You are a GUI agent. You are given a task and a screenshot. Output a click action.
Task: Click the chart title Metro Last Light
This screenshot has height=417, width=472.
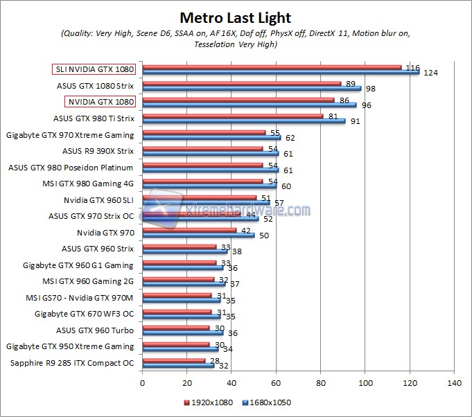coord(236,17)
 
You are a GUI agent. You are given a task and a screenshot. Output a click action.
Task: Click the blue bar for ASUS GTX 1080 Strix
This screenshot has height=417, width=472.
coord(252,89)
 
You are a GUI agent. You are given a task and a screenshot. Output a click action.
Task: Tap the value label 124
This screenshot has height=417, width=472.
coord(430,73)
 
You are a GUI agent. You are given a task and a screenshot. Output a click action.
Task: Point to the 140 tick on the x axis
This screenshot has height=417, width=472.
coord(455,382)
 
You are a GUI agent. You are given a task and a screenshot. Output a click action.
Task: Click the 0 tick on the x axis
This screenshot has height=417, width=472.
coord(142,382)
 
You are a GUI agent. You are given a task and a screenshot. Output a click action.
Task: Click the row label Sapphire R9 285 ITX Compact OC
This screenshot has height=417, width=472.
coord(72,363)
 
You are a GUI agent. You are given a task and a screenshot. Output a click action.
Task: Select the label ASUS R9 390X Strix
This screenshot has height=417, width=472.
coord(98,150)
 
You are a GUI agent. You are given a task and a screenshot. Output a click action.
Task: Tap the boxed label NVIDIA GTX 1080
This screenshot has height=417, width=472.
coord(99,102)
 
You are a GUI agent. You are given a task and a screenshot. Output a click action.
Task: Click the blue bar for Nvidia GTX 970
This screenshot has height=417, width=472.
coord(198,236)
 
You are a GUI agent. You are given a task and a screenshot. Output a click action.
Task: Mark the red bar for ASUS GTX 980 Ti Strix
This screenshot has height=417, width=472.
coord(232,116)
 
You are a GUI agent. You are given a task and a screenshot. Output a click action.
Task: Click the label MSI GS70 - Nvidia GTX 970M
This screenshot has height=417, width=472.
coord(78,297)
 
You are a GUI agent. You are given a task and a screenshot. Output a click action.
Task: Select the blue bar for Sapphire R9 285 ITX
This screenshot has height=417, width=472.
coord(177,365)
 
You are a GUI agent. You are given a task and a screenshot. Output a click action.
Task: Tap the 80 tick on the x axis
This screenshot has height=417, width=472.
coord(321,382)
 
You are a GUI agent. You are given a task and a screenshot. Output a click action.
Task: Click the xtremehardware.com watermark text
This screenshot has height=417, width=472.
coord(247,210)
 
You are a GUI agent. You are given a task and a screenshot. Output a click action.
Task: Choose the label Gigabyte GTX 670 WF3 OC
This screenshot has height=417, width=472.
coord(84,314)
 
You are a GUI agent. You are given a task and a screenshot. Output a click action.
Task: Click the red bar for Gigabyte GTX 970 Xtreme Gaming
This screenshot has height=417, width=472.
coord(203,132)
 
